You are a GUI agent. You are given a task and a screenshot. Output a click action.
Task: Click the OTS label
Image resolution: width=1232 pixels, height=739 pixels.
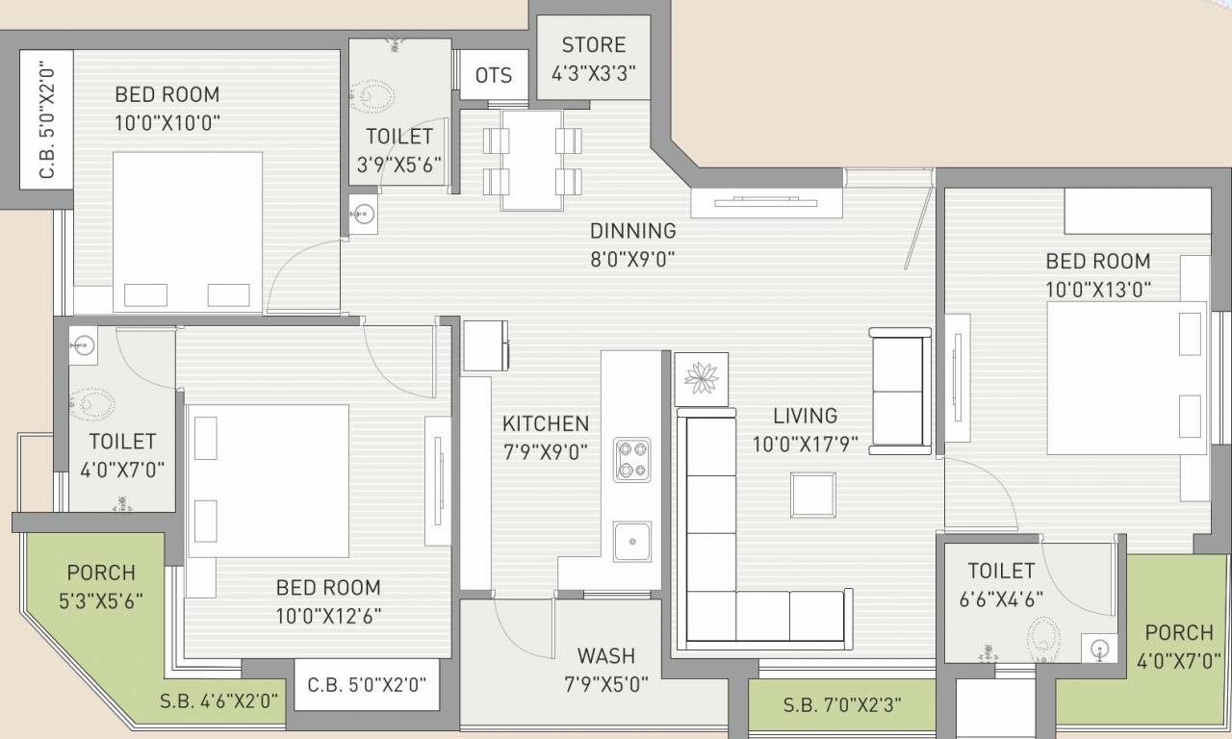pos(494,75)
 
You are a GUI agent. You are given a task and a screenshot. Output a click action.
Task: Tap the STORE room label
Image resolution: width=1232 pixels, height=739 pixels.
pos(594,44)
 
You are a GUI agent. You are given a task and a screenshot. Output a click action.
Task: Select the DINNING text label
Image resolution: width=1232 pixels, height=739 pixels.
pos(633,231)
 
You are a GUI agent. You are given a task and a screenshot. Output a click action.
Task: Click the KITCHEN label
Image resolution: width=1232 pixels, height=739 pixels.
pos(546,424)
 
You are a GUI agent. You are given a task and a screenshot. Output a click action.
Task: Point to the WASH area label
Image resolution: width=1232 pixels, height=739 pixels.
pos(606,656)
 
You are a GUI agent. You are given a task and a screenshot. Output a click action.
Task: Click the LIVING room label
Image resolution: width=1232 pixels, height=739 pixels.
pos(806,416)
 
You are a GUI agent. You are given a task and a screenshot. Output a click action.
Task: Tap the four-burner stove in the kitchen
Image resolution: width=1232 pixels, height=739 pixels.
pos(632,460)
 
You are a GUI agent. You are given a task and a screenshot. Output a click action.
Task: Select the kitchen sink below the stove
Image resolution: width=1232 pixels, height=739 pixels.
pos(632,542)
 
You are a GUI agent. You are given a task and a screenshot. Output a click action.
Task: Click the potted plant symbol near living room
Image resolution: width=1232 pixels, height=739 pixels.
pos(702,379)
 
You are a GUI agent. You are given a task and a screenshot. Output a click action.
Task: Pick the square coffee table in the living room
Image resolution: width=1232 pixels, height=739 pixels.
pos(813,495)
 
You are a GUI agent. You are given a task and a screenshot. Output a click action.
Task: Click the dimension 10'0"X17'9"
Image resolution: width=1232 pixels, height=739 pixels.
pos(806,445)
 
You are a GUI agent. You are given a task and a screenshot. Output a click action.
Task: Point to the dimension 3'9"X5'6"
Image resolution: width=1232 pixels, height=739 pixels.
pos(398,165)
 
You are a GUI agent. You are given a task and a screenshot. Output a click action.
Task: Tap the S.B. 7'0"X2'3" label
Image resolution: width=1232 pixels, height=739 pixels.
pos(841,705)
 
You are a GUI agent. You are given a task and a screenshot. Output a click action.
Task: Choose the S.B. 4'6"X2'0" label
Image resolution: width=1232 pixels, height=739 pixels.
pos(218,701)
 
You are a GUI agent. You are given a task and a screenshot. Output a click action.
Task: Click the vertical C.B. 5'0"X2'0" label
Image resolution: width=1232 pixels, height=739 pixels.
pos(47,120)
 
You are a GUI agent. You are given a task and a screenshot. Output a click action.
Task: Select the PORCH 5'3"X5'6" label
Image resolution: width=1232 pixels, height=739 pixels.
pos(101,587)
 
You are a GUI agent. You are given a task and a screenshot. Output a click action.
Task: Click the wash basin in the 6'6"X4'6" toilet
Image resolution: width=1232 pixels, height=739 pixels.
pos(1099,649)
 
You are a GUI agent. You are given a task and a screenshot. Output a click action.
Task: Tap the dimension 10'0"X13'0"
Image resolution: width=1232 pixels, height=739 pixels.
pos(1098,290)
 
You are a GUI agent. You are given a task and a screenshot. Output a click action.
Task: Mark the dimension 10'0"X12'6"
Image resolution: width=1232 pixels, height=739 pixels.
pos(328,617)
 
